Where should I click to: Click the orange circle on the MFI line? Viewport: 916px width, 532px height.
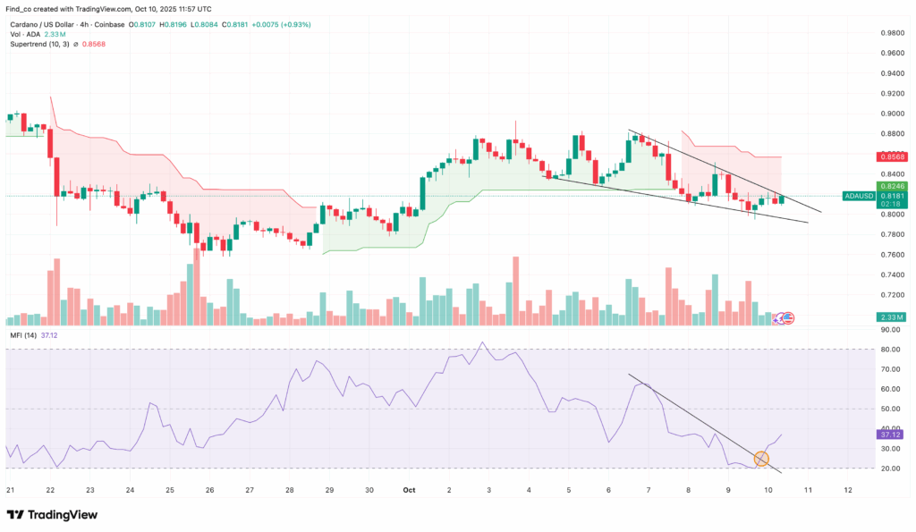tap(761, 459)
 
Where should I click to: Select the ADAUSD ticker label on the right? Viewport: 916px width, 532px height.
tap(861, 196)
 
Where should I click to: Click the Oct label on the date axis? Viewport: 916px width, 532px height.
tap(409, 490)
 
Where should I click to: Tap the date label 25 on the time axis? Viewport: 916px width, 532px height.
tap(170, 490)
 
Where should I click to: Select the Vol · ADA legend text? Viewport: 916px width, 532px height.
tap(27, 34)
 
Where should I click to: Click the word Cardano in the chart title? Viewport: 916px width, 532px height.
tap(25, 24)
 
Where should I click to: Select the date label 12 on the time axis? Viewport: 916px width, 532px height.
tap(847, 490)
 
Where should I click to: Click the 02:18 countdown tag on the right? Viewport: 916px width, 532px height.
tap(893, 204)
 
